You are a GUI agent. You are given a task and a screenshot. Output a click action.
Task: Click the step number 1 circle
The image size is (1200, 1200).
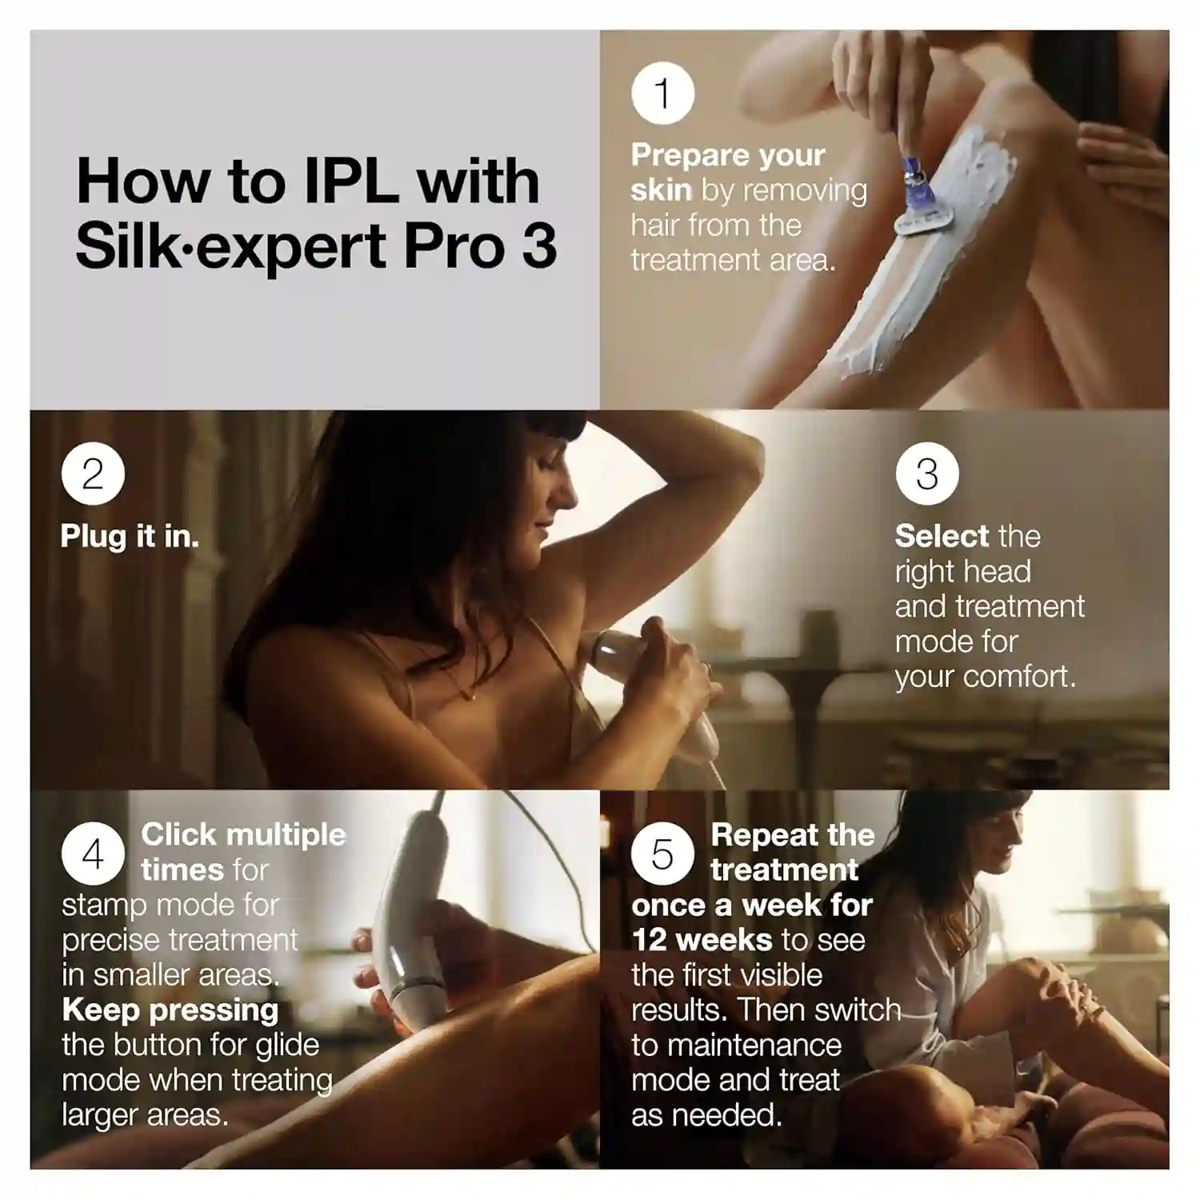pyautogui.click(x=662, y=94)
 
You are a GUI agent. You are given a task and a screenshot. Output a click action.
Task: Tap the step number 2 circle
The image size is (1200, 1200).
pyautogui.click(x=93, y=474)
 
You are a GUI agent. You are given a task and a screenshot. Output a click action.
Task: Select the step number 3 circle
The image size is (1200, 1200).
pyautogui.click(x=927, y=474)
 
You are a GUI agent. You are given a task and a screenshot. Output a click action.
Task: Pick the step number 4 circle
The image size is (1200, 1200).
pyautogui.click(x=93, y=854)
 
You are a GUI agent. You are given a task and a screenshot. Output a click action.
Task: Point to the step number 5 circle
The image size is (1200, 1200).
pyautogui.click(x=662, y=854)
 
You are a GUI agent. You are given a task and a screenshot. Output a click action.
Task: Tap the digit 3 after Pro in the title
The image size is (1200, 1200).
pyautogui.click(x=539, y=246)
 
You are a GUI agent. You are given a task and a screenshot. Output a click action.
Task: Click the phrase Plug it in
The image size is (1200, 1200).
pyautogui.click(x=130, y=536)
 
